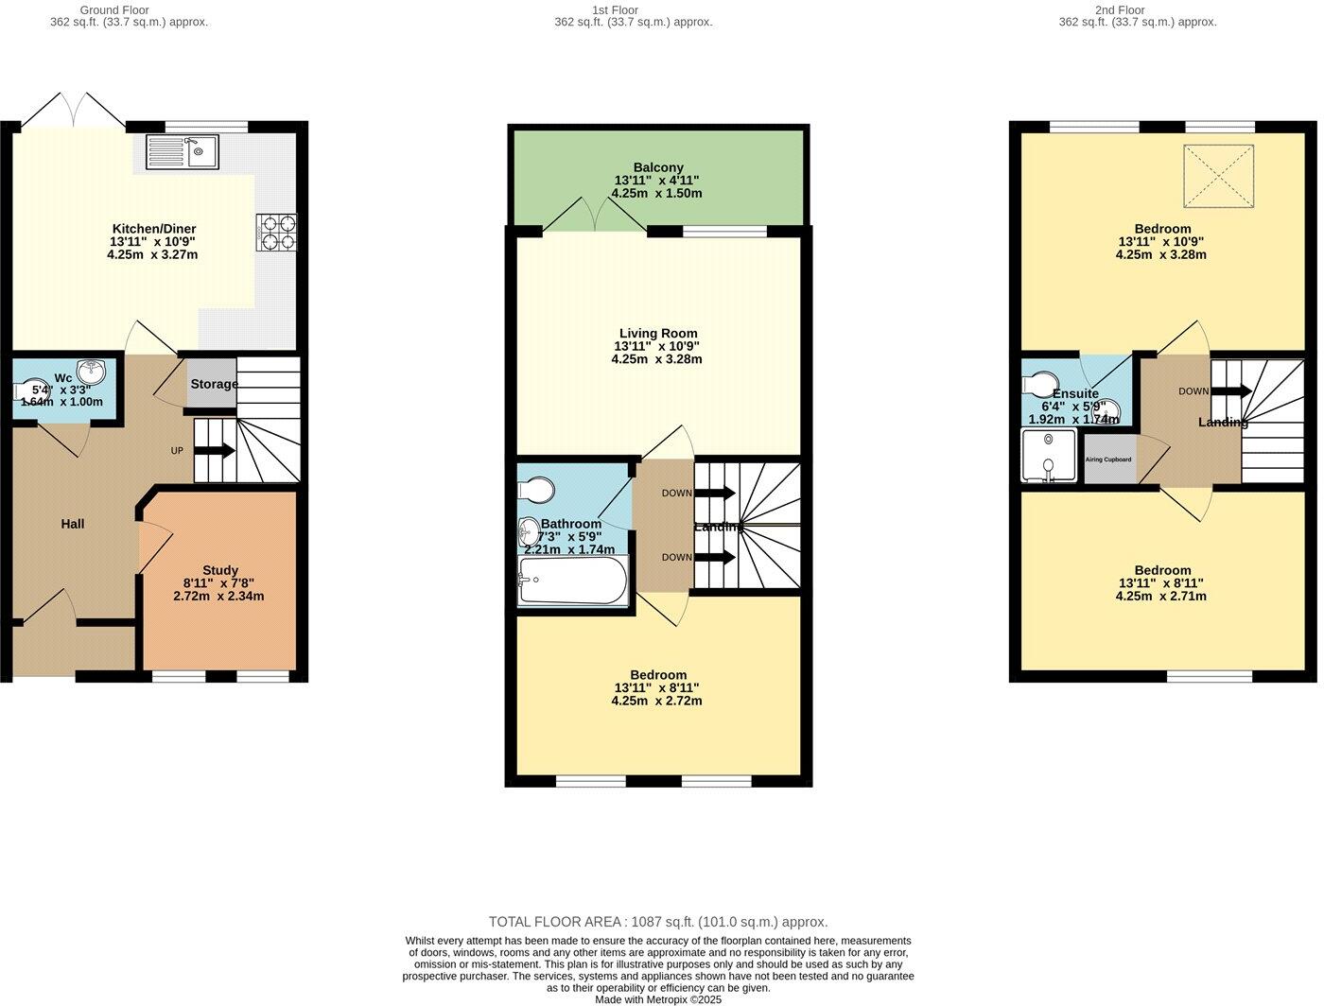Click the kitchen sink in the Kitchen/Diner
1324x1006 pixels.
point(183,151)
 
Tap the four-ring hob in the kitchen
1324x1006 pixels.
point(276,233)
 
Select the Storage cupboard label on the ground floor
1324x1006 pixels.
point(214,384)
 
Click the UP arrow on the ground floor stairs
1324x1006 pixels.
point(215,451)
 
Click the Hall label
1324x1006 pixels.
point(73,524)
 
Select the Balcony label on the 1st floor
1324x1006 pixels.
point(658,167)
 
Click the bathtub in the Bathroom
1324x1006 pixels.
point(573,580)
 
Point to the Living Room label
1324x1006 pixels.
point(658,333)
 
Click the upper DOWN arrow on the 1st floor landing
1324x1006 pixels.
point(715,493)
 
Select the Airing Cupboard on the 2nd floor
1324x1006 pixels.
point(1108,460)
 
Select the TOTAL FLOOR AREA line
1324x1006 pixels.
point(658,921)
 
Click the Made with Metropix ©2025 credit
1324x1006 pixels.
point(658,998)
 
